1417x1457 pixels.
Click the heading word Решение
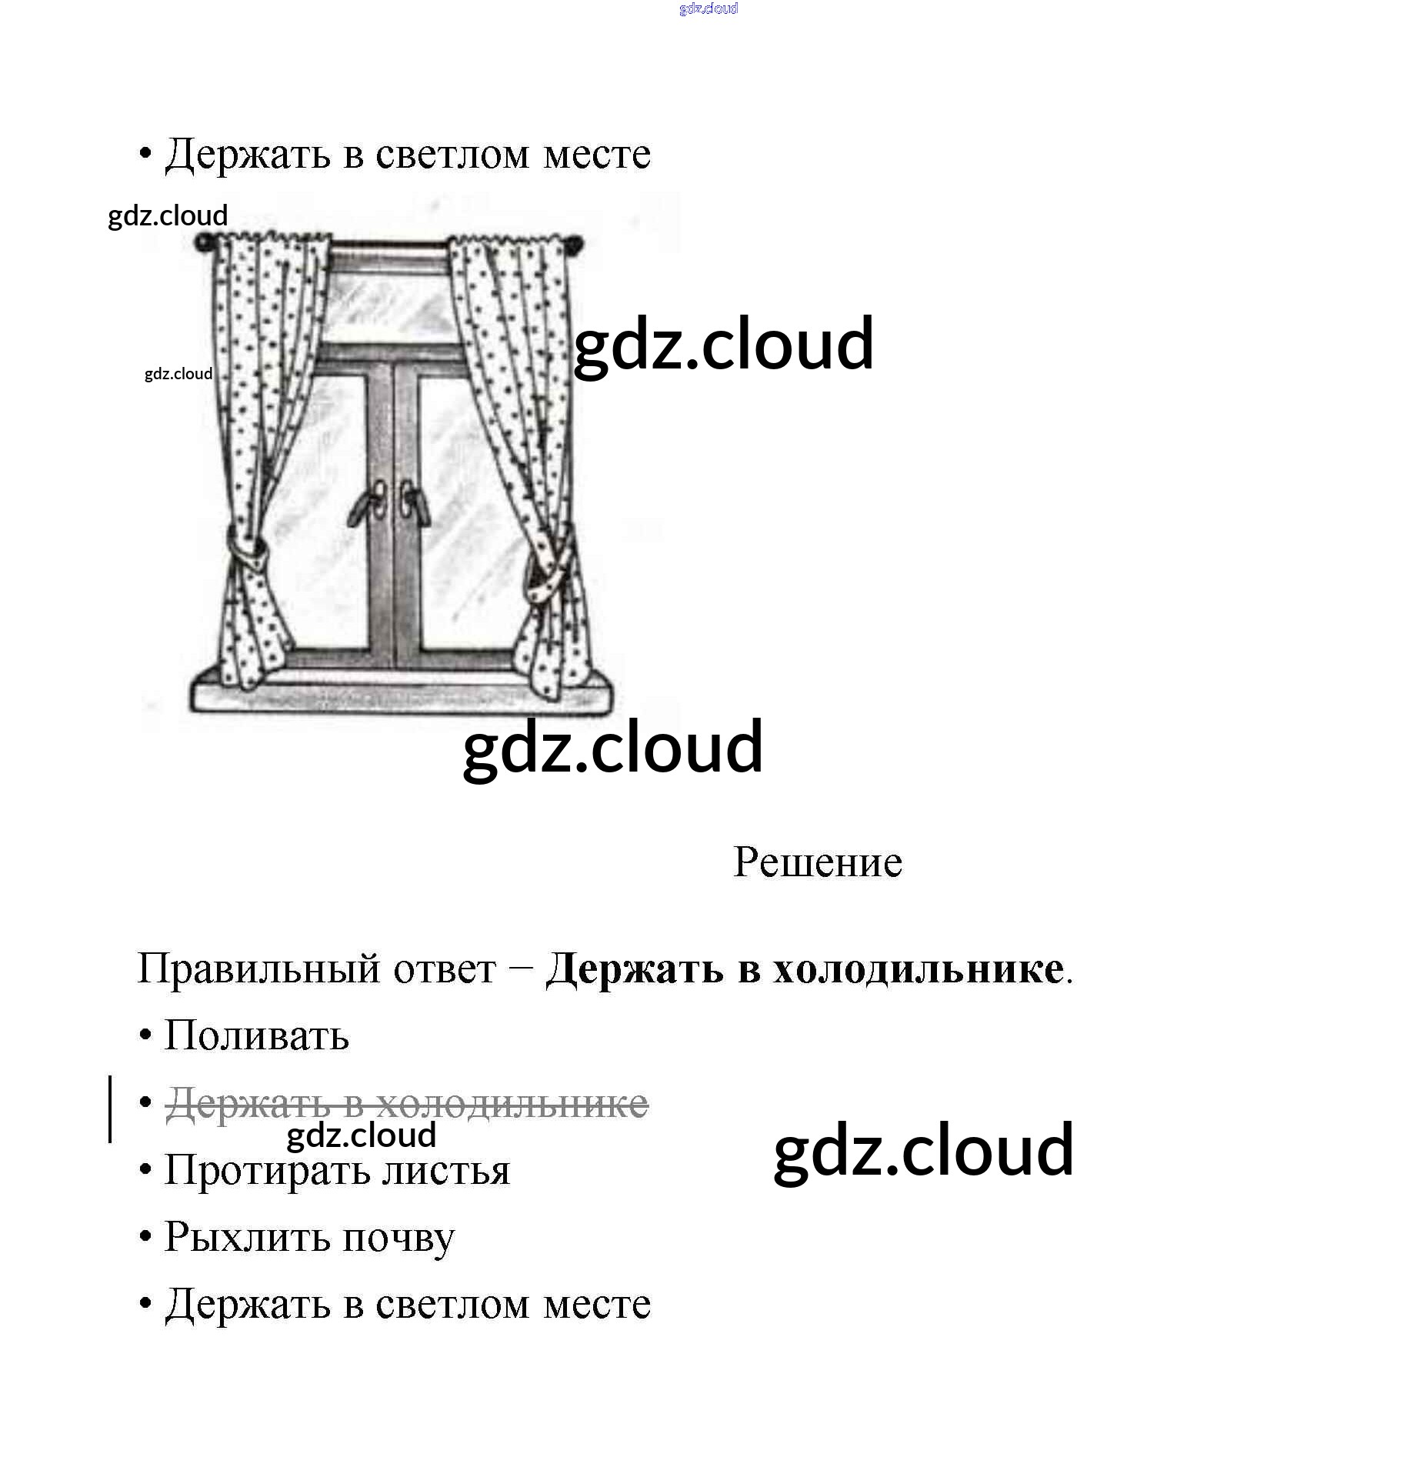point(817,862)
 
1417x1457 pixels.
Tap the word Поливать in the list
point(257,1035)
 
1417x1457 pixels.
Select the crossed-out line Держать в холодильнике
point(407,1103)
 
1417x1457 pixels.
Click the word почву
point(398,1239)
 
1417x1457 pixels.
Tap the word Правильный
point(258,969)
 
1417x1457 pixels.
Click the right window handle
point(411,504)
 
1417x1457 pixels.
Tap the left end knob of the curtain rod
point(203,243)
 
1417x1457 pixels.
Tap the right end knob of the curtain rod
point(574,245)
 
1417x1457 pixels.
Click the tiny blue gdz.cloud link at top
point(708,8)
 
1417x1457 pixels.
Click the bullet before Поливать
point(145,1035)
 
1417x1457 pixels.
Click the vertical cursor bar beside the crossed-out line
point(111,1108)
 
